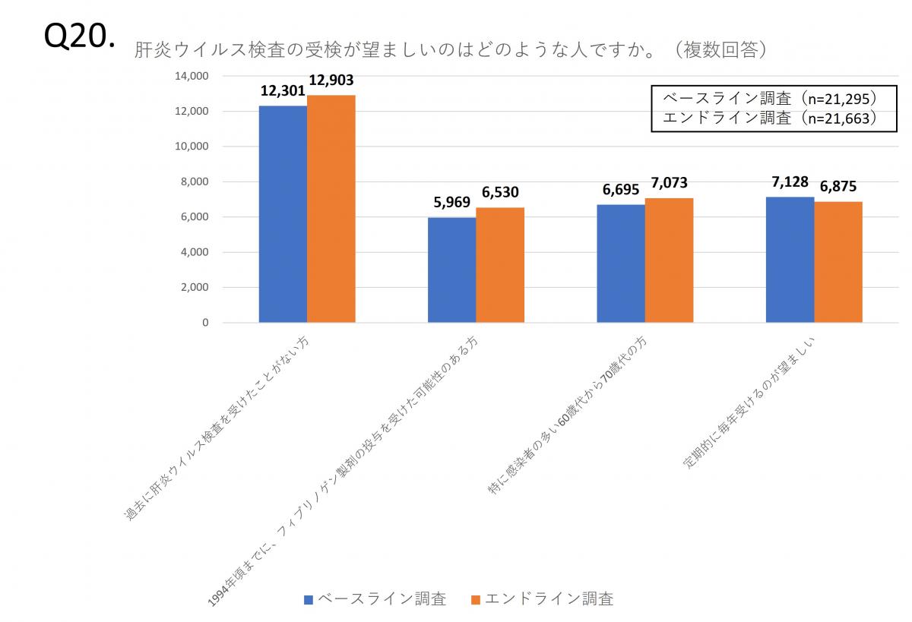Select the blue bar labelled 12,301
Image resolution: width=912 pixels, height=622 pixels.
[x=283, y=214]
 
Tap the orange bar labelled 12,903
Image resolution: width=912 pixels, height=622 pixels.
[x=331, y=209]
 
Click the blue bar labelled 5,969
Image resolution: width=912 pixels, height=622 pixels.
[x=451, y=270]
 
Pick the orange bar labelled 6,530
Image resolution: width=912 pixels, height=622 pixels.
[x=500, y=265]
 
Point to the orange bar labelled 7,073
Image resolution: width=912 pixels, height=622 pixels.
[x=669, y=260]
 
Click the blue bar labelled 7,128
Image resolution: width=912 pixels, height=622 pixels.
[x=790, y=260]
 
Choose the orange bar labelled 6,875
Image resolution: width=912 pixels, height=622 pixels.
[x=838, y=262]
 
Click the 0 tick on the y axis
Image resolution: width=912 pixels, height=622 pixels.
[x=205, y=323]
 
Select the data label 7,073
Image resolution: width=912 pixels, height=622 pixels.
[x=670, y=185]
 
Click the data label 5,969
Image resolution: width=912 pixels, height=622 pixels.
[x=452, y=204]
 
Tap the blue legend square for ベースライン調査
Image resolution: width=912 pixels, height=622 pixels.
[x=309, y=599]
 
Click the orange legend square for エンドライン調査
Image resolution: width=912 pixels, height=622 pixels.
[x=476, y=599]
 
